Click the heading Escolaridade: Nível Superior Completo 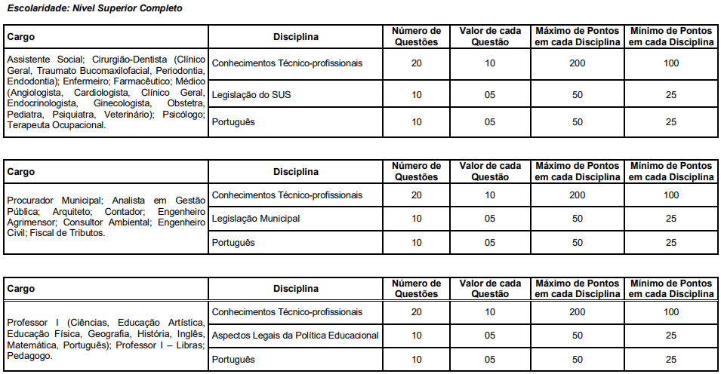coord(94,8)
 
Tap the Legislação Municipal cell coord(256,219)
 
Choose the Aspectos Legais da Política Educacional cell coord(295,335)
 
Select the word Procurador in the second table coord(31,201)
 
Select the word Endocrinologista coord(42,103)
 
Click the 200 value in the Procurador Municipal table coord(578,195)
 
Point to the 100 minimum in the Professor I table coord(671,311)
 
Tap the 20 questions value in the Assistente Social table coord(416,63)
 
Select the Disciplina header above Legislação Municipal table coord(296,172)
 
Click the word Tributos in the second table coord(85,234)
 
